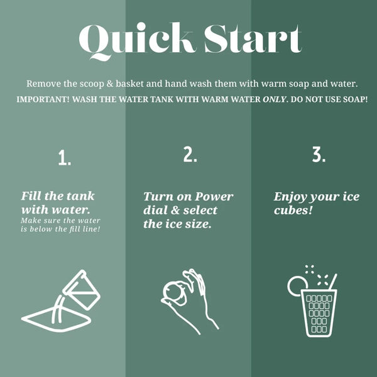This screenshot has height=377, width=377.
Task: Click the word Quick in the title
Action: tap(136, 40)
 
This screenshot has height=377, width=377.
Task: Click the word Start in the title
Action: tap(253, 39)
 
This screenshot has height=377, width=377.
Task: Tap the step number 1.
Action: tap(65, 158)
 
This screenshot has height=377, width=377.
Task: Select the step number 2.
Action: tap(190, 154)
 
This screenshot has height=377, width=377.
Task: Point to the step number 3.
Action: tap(319, 154)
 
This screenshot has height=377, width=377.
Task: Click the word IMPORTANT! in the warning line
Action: tap(43, 99)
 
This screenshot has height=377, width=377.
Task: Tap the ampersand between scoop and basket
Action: tap(109, 84)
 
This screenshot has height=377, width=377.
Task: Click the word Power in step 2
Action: tap(214, 197)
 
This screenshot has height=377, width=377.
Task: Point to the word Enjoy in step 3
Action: tap(290, 197)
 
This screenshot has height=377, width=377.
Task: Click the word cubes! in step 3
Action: tap(293, 210)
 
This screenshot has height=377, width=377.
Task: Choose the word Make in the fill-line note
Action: tap(31, 221)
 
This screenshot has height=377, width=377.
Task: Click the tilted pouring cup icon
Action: tap(82, 290)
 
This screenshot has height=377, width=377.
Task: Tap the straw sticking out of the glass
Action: tap(333, 281)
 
